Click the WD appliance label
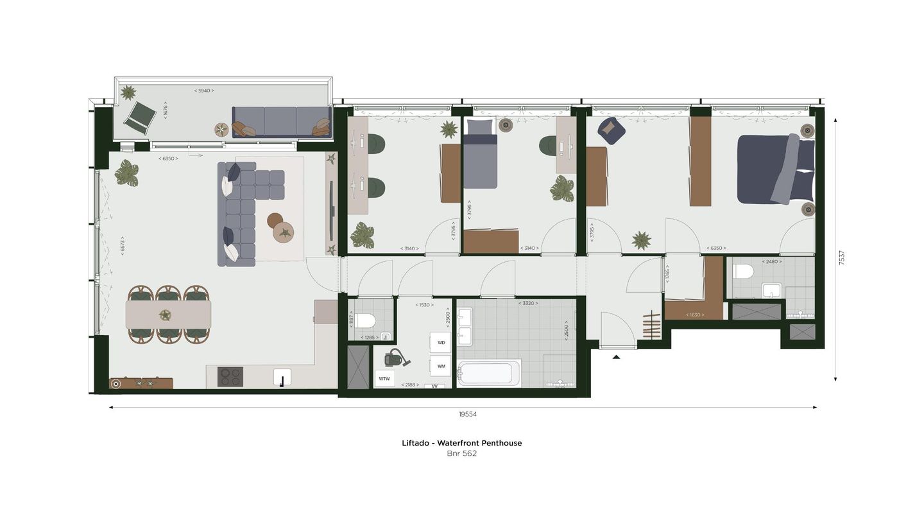[441, 343]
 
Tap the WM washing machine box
[441, 366]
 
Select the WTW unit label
[384, 379]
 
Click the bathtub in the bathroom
[489, 373]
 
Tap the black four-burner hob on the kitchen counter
[230, 377]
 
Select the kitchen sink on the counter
[282, 377]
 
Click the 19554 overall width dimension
[468, 415]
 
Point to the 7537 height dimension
[842, 257]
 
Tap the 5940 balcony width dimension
[204, 91]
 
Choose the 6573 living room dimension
[122, 245]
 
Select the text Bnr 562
[461, 454]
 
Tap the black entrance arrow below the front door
[616, 356]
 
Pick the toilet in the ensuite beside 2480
[743, 272]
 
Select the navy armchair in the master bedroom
[611, 130]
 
